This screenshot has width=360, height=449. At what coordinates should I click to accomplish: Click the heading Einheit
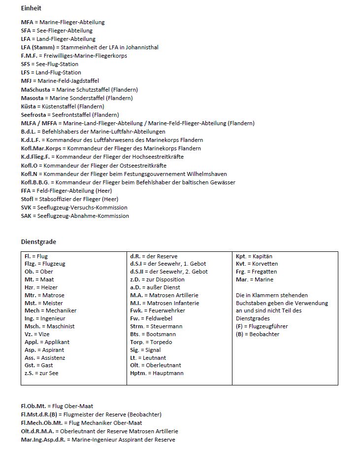click(31, 8)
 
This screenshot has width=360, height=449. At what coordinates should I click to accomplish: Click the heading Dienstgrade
click(38, 242)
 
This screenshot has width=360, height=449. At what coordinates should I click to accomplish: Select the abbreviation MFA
click(27, 22)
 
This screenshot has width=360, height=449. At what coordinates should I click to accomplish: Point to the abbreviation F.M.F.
click(29, 56)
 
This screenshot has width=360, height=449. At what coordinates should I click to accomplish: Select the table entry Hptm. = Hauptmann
click(157, 373)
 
